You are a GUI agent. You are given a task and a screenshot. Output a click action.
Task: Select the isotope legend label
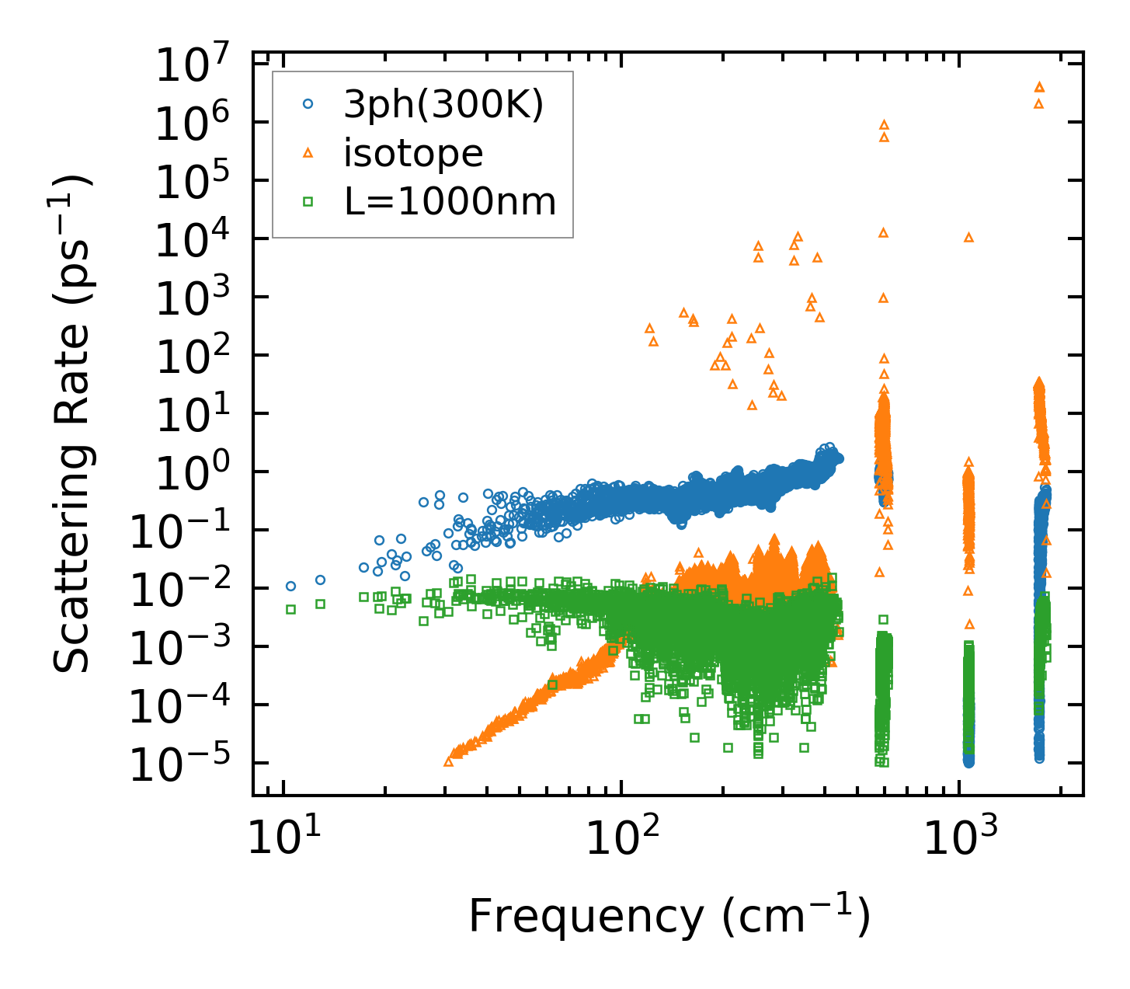click(x=413, y=153)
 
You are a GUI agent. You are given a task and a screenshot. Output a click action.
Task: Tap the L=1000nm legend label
click(x=450, y=202)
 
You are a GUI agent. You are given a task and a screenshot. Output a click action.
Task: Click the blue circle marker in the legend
click(x=308, y=104)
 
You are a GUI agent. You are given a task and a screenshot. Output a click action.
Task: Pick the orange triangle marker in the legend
click(x=308, y=153)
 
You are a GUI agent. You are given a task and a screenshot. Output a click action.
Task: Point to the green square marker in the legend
click(x=308, y=202)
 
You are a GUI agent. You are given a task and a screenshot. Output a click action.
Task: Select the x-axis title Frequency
click(x=669, y=917)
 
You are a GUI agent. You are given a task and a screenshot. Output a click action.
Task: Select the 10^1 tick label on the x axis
click(x=282, y=838)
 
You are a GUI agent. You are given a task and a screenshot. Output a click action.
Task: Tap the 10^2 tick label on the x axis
click(x=620, y=838)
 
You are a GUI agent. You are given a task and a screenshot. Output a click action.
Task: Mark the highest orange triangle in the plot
click(x=1039, y=86)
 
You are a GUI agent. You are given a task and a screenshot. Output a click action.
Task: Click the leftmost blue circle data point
click(x=290, y=587)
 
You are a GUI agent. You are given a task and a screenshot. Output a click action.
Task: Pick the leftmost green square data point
click(x=290, y=610)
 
